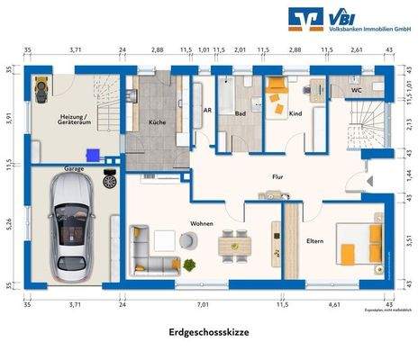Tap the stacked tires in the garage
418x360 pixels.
[110, 180]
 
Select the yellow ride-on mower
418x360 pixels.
[41, 88]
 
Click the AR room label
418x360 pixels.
[206, 110]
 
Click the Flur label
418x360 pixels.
[277, 177]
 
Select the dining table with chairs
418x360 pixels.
[237, 241]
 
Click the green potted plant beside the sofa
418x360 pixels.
[190, 265]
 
